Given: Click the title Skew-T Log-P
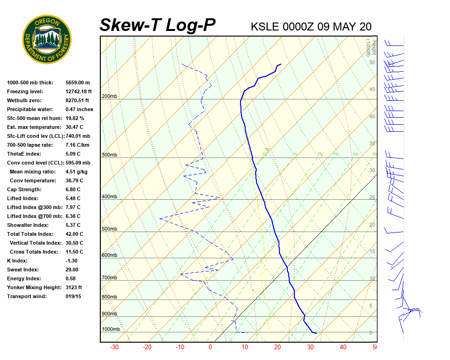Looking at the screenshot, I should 157,25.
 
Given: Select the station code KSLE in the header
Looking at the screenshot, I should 265,27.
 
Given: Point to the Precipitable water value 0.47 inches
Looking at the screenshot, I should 79,109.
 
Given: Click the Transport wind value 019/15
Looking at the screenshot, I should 73,296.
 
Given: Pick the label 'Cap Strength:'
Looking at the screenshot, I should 24,189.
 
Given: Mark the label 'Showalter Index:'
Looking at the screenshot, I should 28,225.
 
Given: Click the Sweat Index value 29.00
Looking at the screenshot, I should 72,270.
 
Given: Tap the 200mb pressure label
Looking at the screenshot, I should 109,97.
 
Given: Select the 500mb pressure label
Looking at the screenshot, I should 109,229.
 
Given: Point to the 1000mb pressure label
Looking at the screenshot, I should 111,329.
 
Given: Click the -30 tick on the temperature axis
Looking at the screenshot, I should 114,347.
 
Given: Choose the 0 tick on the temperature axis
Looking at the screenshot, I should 210,347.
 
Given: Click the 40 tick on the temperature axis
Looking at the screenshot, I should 343,347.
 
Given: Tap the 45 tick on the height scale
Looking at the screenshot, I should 372,89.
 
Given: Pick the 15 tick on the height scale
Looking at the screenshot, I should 372,251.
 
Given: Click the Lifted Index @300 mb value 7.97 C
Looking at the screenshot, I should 73,207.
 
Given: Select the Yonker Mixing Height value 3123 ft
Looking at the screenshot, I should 74,287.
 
